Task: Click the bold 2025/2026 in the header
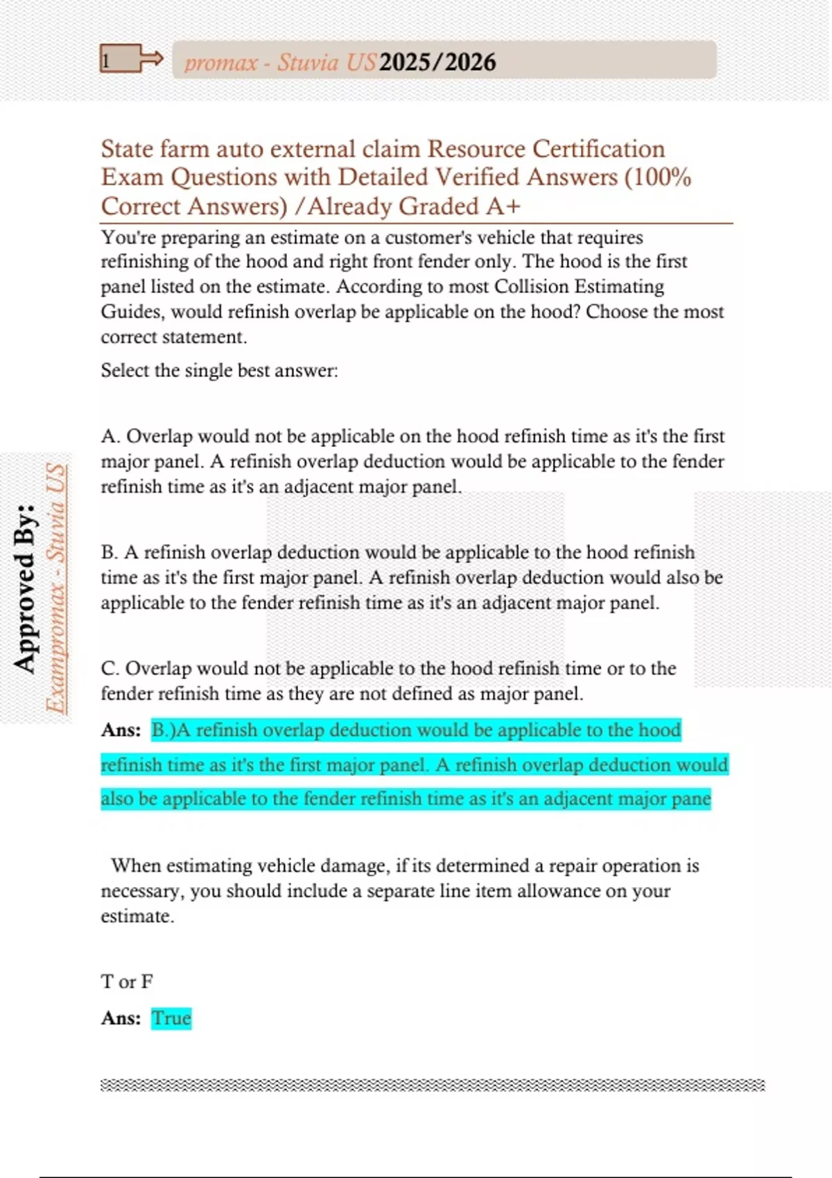tap(437, 62)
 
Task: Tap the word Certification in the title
tap(598, 149)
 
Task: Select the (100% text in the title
tap(658, 177)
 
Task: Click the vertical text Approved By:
tap(25, 588)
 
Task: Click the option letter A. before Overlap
tap(111, 437)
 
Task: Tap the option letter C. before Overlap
tap(110, 669)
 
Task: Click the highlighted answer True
tap(171, 1018)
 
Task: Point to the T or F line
tap(127, 981)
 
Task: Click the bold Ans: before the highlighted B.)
tap(121, 730)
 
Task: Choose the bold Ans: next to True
tap(121, 1018)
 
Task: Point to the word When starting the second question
tap(136, 865)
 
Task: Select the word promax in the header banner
tap(221, 63)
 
